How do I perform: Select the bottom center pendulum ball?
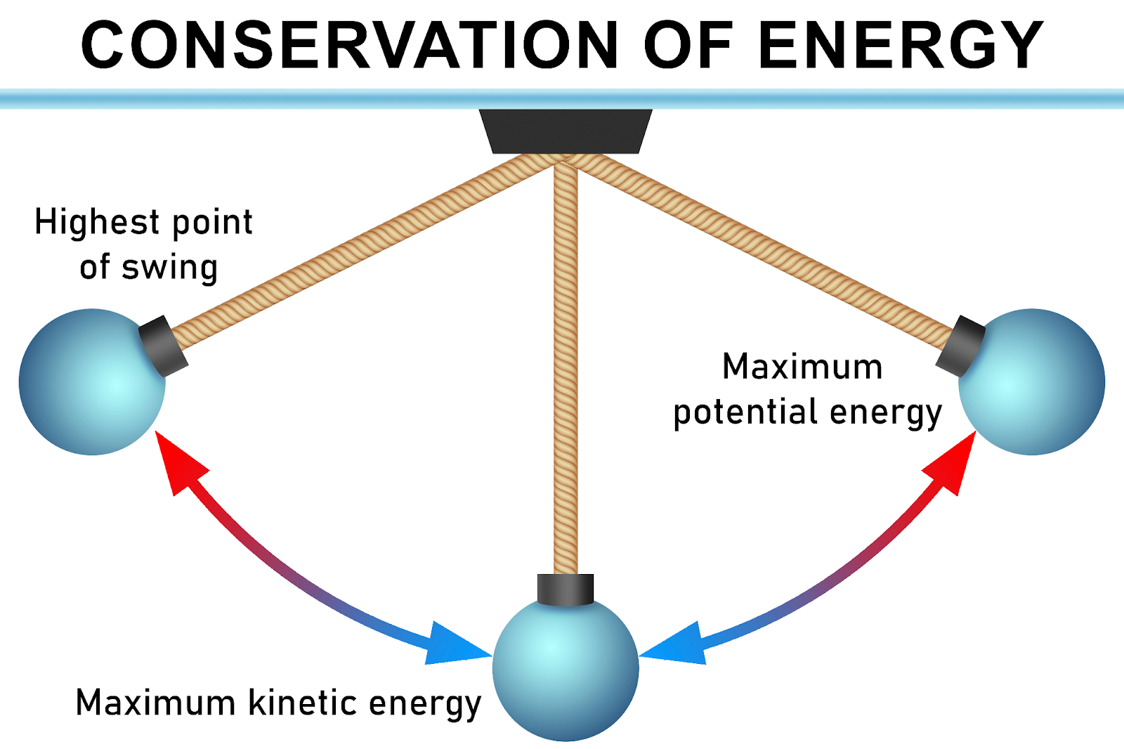pyautogui.click(x=566, y=667)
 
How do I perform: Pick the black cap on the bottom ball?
pyautogui.click(x=566, y=589)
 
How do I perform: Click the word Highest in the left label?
pyautogui.click(x=97, y=223)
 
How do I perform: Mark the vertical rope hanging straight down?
pyautogui.click(x=566, y=365)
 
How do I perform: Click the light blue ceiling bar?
pyautogui.click(x=281, y=99)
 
